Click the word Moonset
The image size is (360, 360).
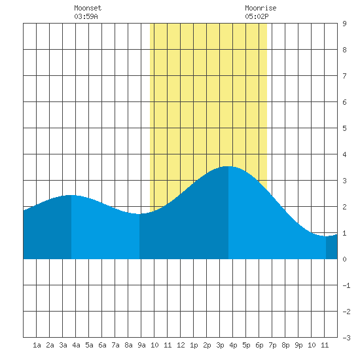pyautogui.click(x=88, y=8)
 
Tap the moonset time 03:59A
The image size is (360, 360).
pyautogui.click(x=86, y=16)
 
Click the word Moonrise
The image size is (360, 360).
pyautogui.click(x=261, y=8)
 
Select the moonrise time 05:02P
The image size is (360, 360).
pyautogui.click(x=257, y=16)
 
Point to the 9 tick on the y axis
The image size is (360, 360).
pyautogui.click(x=344, y=24)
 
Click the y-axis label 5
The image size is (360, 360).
pyautogui.click(x=344, y=128)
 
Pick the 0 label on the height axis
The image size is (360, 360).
pyautogui.click(x=344, y=259)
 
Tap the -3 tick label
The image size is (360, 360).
pyautogui.click(x=346, y=338)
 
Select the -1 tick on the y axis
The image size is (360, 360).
pyautogui.click(x=346, y=285)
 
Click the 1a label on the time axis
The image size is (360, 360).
pyautogui.click(x=37, y=345)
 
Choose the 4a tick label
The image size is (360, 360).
pyautogui.click(x=76, y=345)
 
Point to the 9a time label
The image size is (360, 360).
pyautogui.click(x=141, y=345)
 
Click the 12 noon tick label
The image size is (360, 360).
pyautogui.click(x=181, y=345)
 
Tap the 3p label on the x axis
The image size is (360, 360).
pyautogui.click(x=220, y=345)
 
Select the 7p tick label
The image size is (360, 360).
pyautogui.click(x=272, y=345)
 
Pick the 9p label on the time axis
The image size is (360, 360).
pyautogui.click(x=298, y=345)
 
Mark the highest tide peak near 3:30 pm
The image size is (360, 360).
pyautogui.click(x=228, y=166)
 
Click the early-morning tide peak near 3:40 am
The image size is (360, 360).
pyautogui.click(x=71, y=195)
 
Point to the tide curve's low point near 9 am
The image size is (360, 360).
pyautogui.click(x=139, y=214)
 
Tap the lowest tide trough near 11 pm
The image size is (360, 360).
pyautogui.click(x=326, y=236)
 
